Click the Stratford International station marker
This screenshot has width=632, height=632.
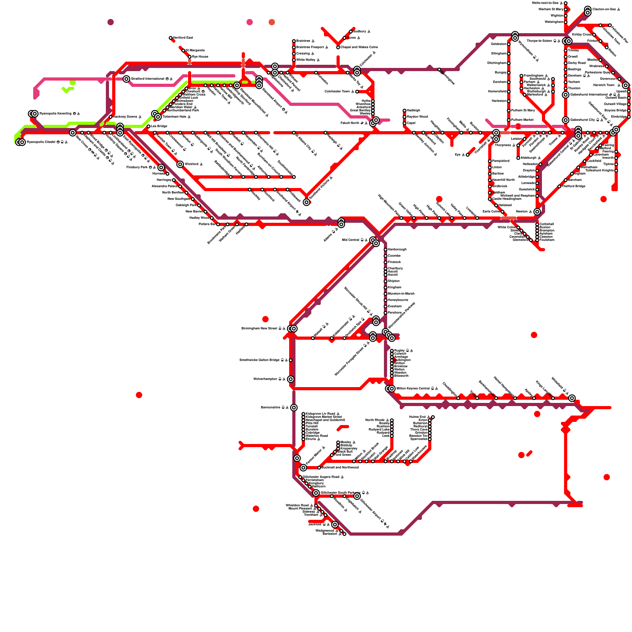pyautogui.click(x=126, y=79)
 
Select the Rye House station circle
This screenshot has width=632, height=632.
pyautogui.click(x=190, y=57)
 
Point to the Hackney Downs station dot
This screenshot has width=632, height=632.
pyautogui.click(x=111, y=117)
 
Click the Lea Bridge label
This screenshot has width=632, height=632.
pyautogui.click(x=159, y=126)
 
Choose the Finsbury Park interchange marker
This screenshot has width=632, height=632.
pyautogui.click(x=161, y=167)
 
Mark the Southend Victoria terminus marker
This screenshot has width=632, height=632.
pyautogui.click(x=307, y=202)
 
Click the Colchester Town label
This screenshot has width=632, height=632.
pyautogui.click(x=337, y=92)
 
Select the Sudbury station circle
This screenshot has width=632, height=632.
pyautogui.click(x=351, y=32)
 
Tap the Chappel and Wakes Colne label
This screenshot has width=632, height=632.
pyautogui.click(x=359, y=47)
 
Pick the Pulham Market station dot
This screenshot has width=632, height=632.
pyautogui.click(x=509, y=120)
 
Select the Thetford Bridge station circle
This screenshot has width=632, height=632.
pyautogui.click(x=559, y=186)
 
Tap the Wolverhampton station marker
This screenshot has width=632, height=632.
pyautogui.click(x=291, y=379)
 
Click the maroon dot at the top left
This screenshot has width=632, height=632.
pyautogui.click(x=111, y=22)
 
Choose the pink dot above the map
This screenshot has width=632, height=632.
pyautogui.click(x=250, y=22)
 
